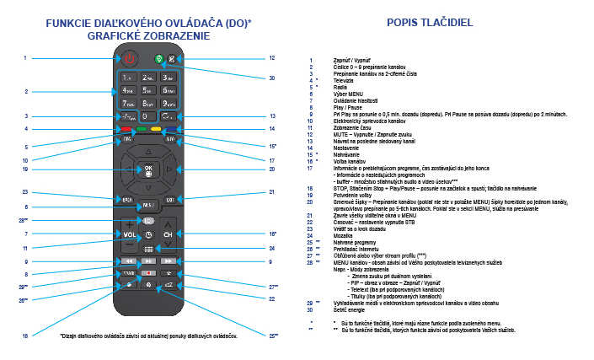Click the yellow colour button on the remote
(x=157, y=130)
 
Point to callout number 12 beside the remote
(x=272, y=58)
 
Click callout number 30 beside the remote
(x=272, y=78)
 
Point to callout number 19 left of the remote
(x=25, y=169)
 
